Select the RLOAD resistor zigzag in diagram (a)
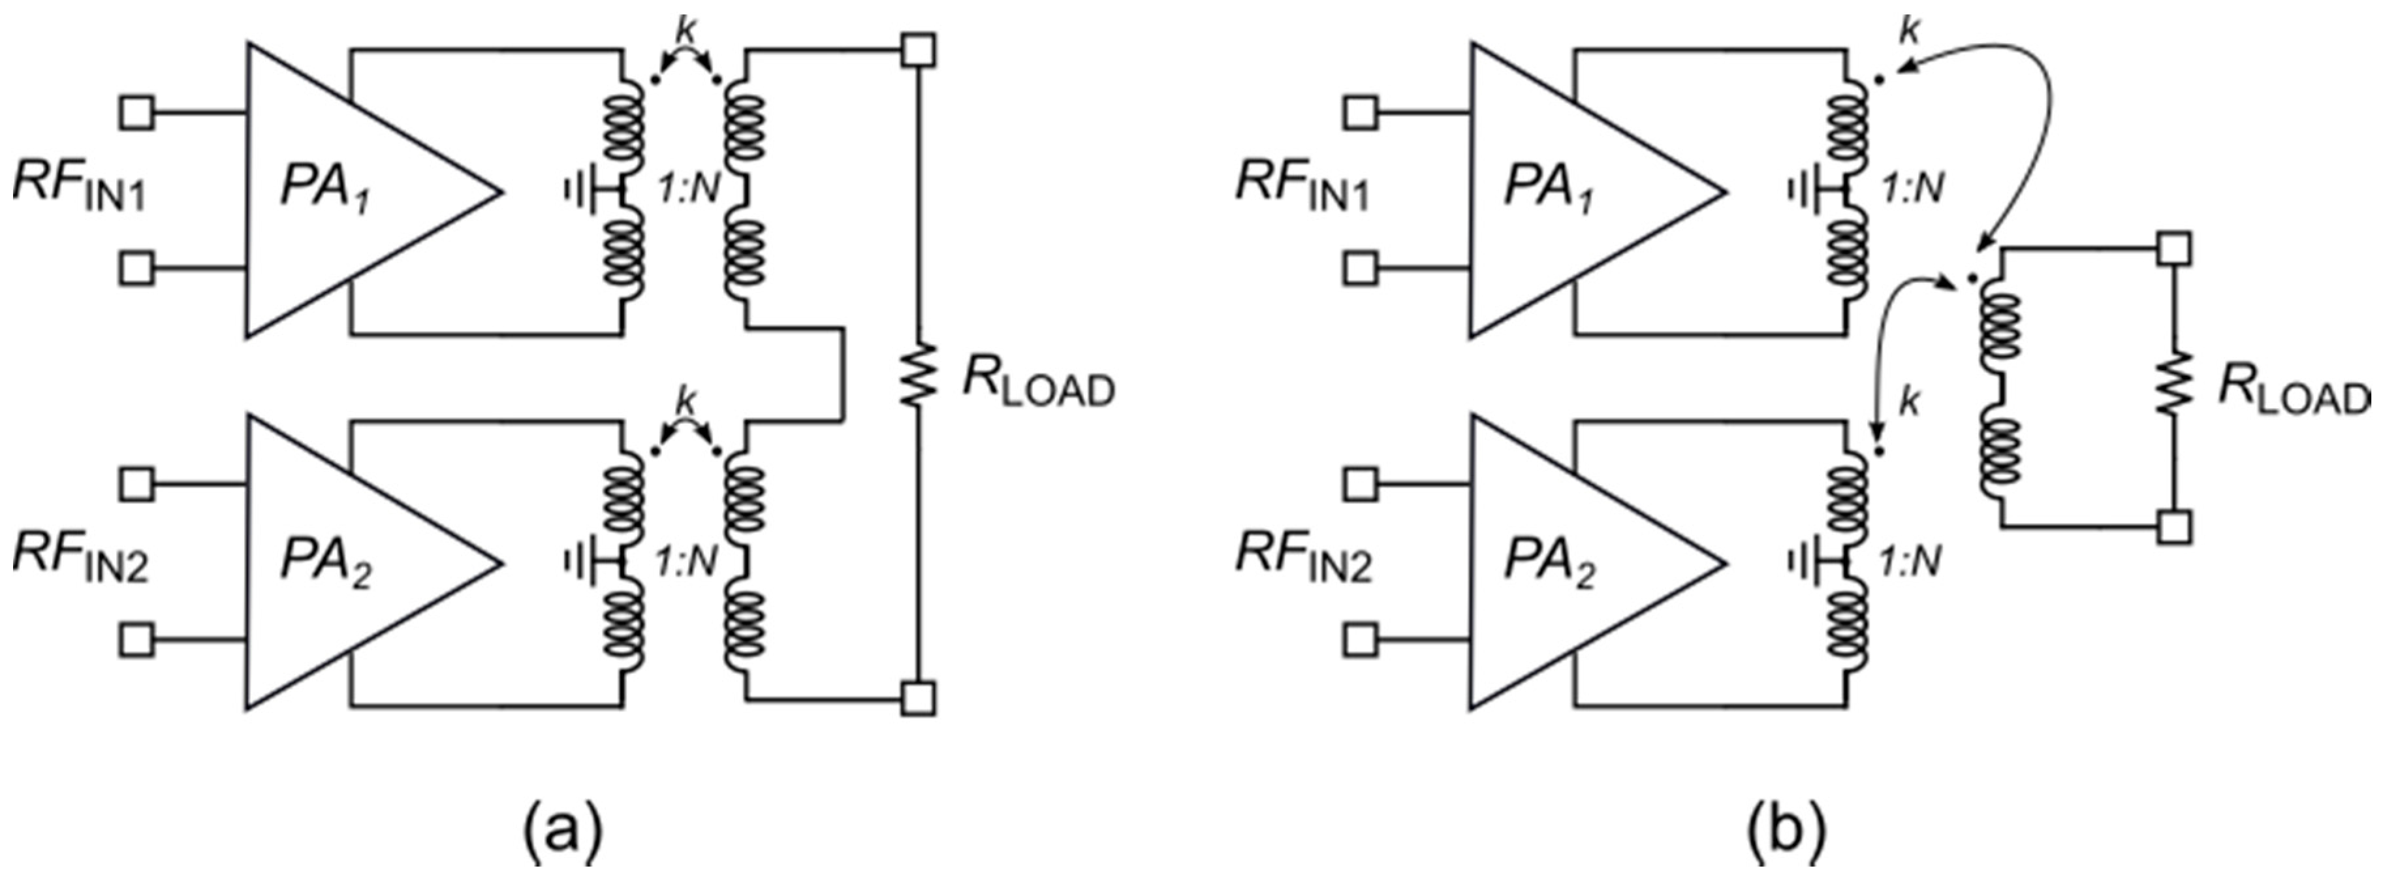pyautogui.click(x=919, y=374)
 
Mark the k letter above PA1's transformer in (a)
pyautogui.click(x=685, y=29)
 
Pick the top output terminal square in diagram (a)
pyautogui.click(x=919, y=50)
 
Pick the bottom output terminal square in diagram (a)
pyautogui.click(x=919, y=698)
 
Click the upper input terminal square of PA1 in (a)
pyautogui.click(x=137, y=114)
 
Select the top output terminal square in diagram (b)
pyautogui.click(x=2174, y=248)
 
